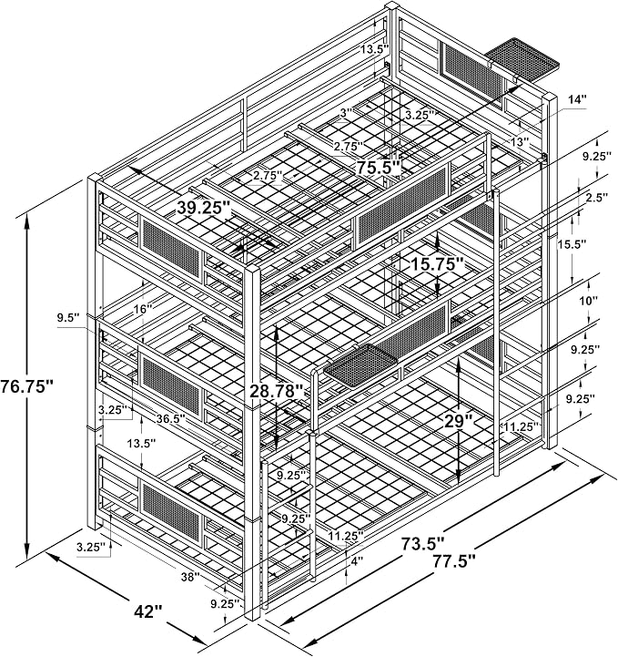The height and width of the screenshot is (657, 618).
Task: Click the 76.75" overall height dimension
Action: click(27, 385)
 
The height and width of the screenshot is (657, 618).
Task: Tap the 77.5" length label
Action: click(454, 560)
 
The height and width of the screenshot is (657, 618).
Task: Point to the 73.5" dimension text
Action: click(422, 543)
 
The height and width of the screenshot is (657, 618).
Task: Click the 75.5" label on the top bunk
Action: click(379, 167)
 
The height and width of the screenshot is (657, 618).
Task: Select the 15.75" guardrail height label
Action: click(437, 264)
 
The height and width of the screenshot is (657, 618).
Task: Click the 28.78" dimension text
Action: click(276, 391)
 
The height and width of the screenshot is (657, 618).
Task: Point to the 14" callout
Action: click(577, 99)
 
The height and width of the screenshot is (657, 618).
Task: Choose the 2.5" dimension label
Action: click(594, 198)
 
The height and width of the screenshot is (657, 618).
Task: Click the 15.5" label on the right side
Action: click(572, 244)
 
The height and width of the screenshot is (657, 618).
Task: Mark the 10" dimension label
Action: click(589, 301)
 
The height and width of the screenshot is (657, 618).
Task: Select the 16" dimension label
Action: click(143, 309)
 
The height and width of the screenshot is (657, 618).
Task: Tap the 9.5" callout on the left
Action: click(68, 318)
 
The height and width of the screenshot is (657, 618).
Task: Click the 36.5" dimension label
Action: click(171, 417)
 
